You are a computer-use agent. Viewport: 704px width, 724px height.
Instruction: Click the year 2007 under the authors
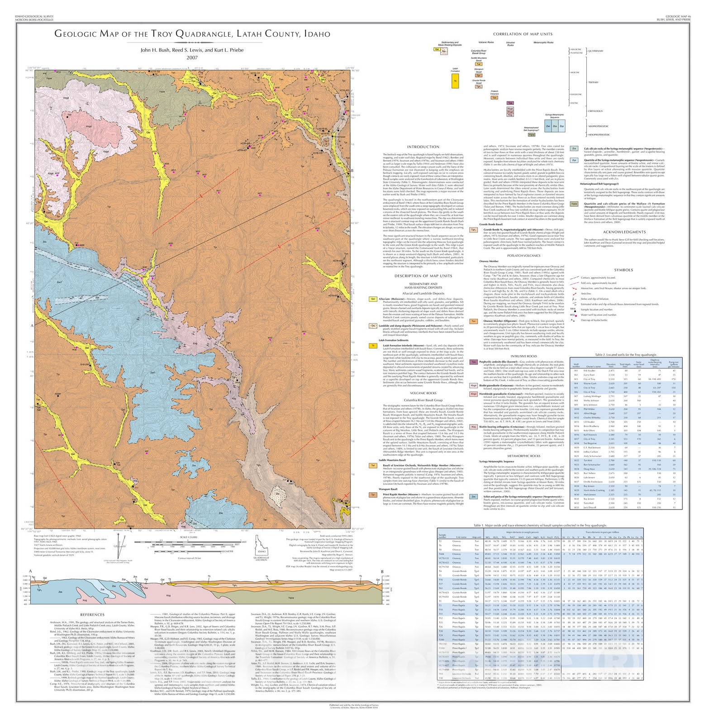pyautogui.click(x=192, y=57)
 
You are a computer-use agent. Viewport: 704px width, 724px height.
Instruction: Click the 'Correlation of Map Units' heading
pyautogui.click(x=523, y=34)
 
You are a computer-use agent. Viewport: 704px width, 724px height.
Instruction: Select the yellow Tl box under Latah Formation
pyautogui.click(x=455, y=81)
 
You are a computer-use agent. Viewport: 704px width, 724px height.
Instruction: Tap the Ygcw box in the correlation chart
pyautogui.click(x=532, y=135)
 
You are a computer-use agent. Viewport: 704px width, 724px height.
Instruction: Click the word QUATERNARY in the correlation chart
pyautogui.click(x=595, y=51)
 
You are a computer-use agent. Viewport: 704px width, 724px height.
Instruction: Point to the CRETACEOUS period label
pyautogui.click(x=595, y=111)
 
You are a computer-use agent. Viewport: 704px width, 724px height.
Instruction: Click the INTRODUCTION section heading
pyautogui.click(x=423, y=147)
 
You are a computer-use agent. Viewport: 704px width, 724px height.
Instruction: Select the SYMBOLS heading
pyautogui.click(x=623, y=270)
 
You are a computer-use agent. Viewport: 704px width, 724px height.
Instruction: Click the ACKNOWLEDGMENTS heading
pyautogui.click(x=623, y=232)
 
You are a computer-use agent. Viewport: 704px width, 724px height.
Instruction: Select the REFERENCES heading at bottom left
pyautogui.click(x=92, y=614)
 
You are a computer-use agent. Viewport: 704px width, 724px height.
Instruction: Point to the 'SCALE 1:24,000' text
pyautogui.click(x=189, y=537)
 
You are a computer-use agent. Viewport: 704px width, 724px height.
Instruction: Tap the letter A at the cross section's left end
pyautogui.click(x=30, y=571)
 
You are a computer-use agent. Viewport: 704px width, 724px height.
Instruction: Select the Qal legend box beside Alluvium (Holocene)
pyautogui.click(x=373, y=299)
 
